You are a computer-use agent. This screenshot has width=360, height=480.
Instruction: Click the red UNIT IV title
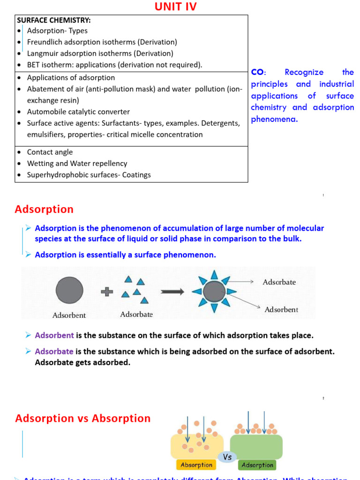[x=176, y=7]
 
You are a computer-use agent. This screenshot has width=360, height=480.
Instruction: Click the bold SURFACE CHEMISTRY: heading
[x=54, y=20]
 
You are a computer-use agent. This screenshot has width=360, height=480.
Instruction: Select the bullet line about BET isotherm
[x=114, y=65]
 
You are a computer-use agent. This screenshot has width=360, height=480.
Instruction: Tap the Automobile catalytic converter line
[x=78, y=112]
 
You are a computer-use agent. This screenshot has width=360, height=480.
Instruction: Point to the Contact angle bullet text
[x=50, y=152]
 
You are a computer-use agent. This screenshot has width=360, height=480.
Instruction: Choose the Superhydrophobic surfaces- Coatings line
[x=89, y=175]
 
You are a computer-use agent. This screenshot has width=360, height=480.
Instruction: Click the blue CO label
[x=258, y=72]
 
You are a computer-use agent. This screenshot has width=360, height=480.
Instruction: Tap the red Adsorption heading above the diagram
[x=44, y=209]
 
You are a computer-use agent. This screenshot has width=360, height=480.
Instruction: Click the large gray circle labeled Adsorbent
[x=69, y=290]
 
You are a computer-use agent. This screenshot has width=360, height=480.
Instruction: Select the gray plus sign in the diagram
[x=107, y=291]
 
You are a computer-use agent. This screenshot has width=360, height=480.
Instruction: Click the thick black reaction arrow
[x=172, y=291]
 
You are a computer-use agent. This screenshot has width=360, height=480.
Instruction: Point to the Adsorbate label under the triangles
[x=136, y=314]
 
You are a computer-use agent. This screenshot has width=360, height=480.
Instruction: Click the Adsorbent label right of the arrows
[x=281, y=310]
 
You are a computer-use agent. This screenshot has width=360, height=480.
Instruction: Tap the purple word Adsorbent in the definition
[x=54, y=335]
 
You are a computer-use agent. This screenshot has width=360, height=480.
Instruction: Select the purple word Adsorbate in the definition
[x=54, y=351]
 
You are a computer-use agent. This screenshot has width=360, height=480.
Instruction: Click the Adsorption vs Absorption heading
[x=83, y=418]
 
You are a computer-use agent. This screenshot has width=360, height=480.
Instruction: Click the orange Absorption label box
[x=196, y=465]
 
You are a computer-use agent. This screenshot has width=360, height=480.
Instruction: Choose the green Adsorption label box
[x=257, y=465]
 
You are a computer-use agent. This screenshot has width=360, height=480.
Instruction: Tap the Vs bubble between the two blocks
[x=227, y=457]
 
